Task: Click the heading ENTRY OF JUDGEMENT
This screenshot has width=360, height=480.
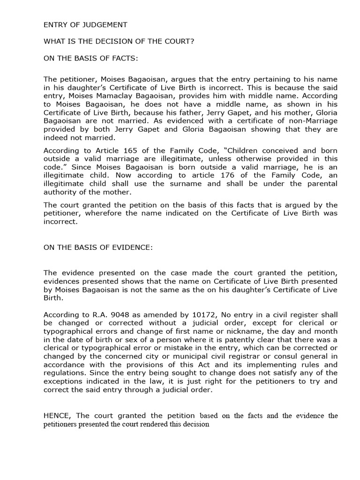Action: coord(85,25)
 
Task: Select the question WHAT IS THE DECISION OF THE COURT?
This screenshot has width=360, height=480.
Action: coord(119,41)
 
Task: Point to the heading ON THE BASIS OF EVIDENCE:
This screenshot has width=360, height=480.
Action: coord(98,247)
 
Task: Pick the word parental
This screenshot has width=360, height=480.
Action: coord(322,183)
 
